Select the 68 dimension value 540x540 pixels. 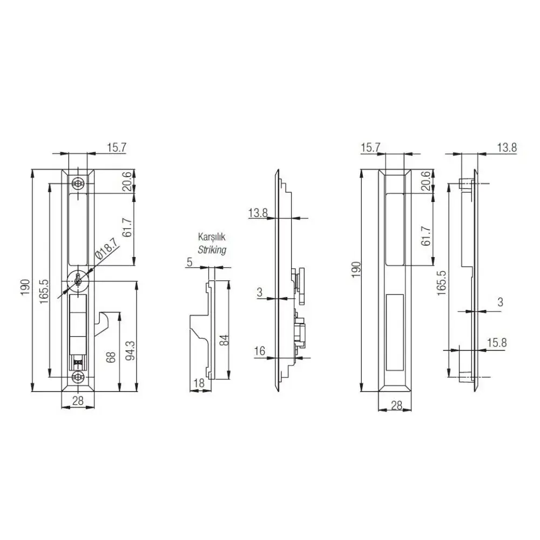coord(111,358)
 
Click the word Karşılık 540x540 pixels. coord(212,238)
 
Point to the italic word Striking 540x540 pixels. coord(212,250)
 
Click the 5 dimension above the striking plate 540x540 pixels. coord(189,262)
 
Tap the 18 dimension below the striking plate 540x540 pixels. coord(198,383)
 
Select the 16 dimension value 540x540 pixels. coord(259,352)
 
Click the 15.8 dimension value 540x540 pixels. coord(496,343)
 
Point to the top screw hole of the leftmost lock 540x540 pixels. coord(79,184)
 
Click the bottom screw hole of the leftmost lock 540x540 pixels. coord(79,377)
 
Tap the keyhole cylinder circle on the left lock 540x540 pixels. coord(79,280)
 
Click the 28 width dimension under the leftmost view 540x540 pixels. coord(78,400)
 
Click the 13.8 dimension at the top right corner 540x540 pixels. coord(506,147)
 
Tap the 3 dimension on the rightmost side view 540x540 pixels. coord(500,302)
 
